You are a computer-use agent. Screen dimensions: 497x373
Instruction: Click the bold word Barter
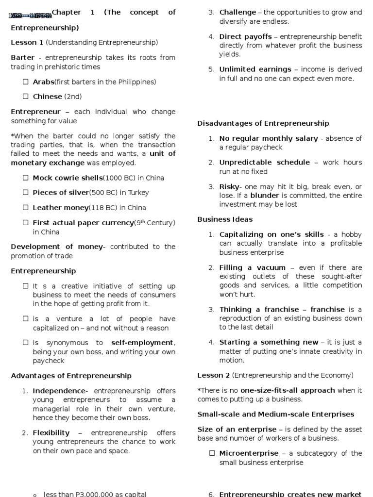pyautogui.click(x=22, y=58)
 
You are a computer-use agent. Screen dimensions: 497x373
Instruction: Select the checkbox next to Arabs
pyautogui.click(x=26, y=82)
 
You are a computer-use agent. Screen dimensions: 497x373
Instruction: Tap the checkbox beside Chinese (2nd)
pyautogui.click(x=26, y=97)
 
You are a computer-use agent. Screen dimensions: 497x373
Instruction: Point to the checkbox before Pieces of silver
pyautogui.click(x=26, y=193)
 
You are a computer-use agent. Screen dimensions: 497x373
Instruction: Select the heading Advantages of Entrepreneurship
pyautogui.click(x=71, y=376)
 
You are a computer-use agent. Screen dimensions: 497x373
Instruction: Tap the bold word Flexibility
pyautogui.click(x=51, y=432)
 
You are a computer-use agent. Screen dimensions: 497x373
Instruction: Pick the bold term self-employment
pyautogui.click(x=142, y=343)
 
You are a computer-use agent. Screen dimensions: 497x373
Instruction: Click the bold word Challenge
pyautogui.click(x=237, y=13)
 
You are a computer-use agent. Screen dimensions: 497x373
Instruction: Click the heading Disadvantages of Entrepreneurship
pyautogui.click(x=263, y=123)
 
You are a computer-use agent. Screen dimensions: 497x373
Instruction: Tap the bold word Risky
pyautogui.click(x=229, y=187)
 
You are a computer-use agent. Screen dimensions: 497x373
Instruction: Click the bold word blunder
pyautogui.click(x=264, y=196)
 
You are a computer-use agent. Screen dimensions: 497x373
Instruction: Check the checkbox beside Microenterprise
pyautogui.click(x=212, y=453)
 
